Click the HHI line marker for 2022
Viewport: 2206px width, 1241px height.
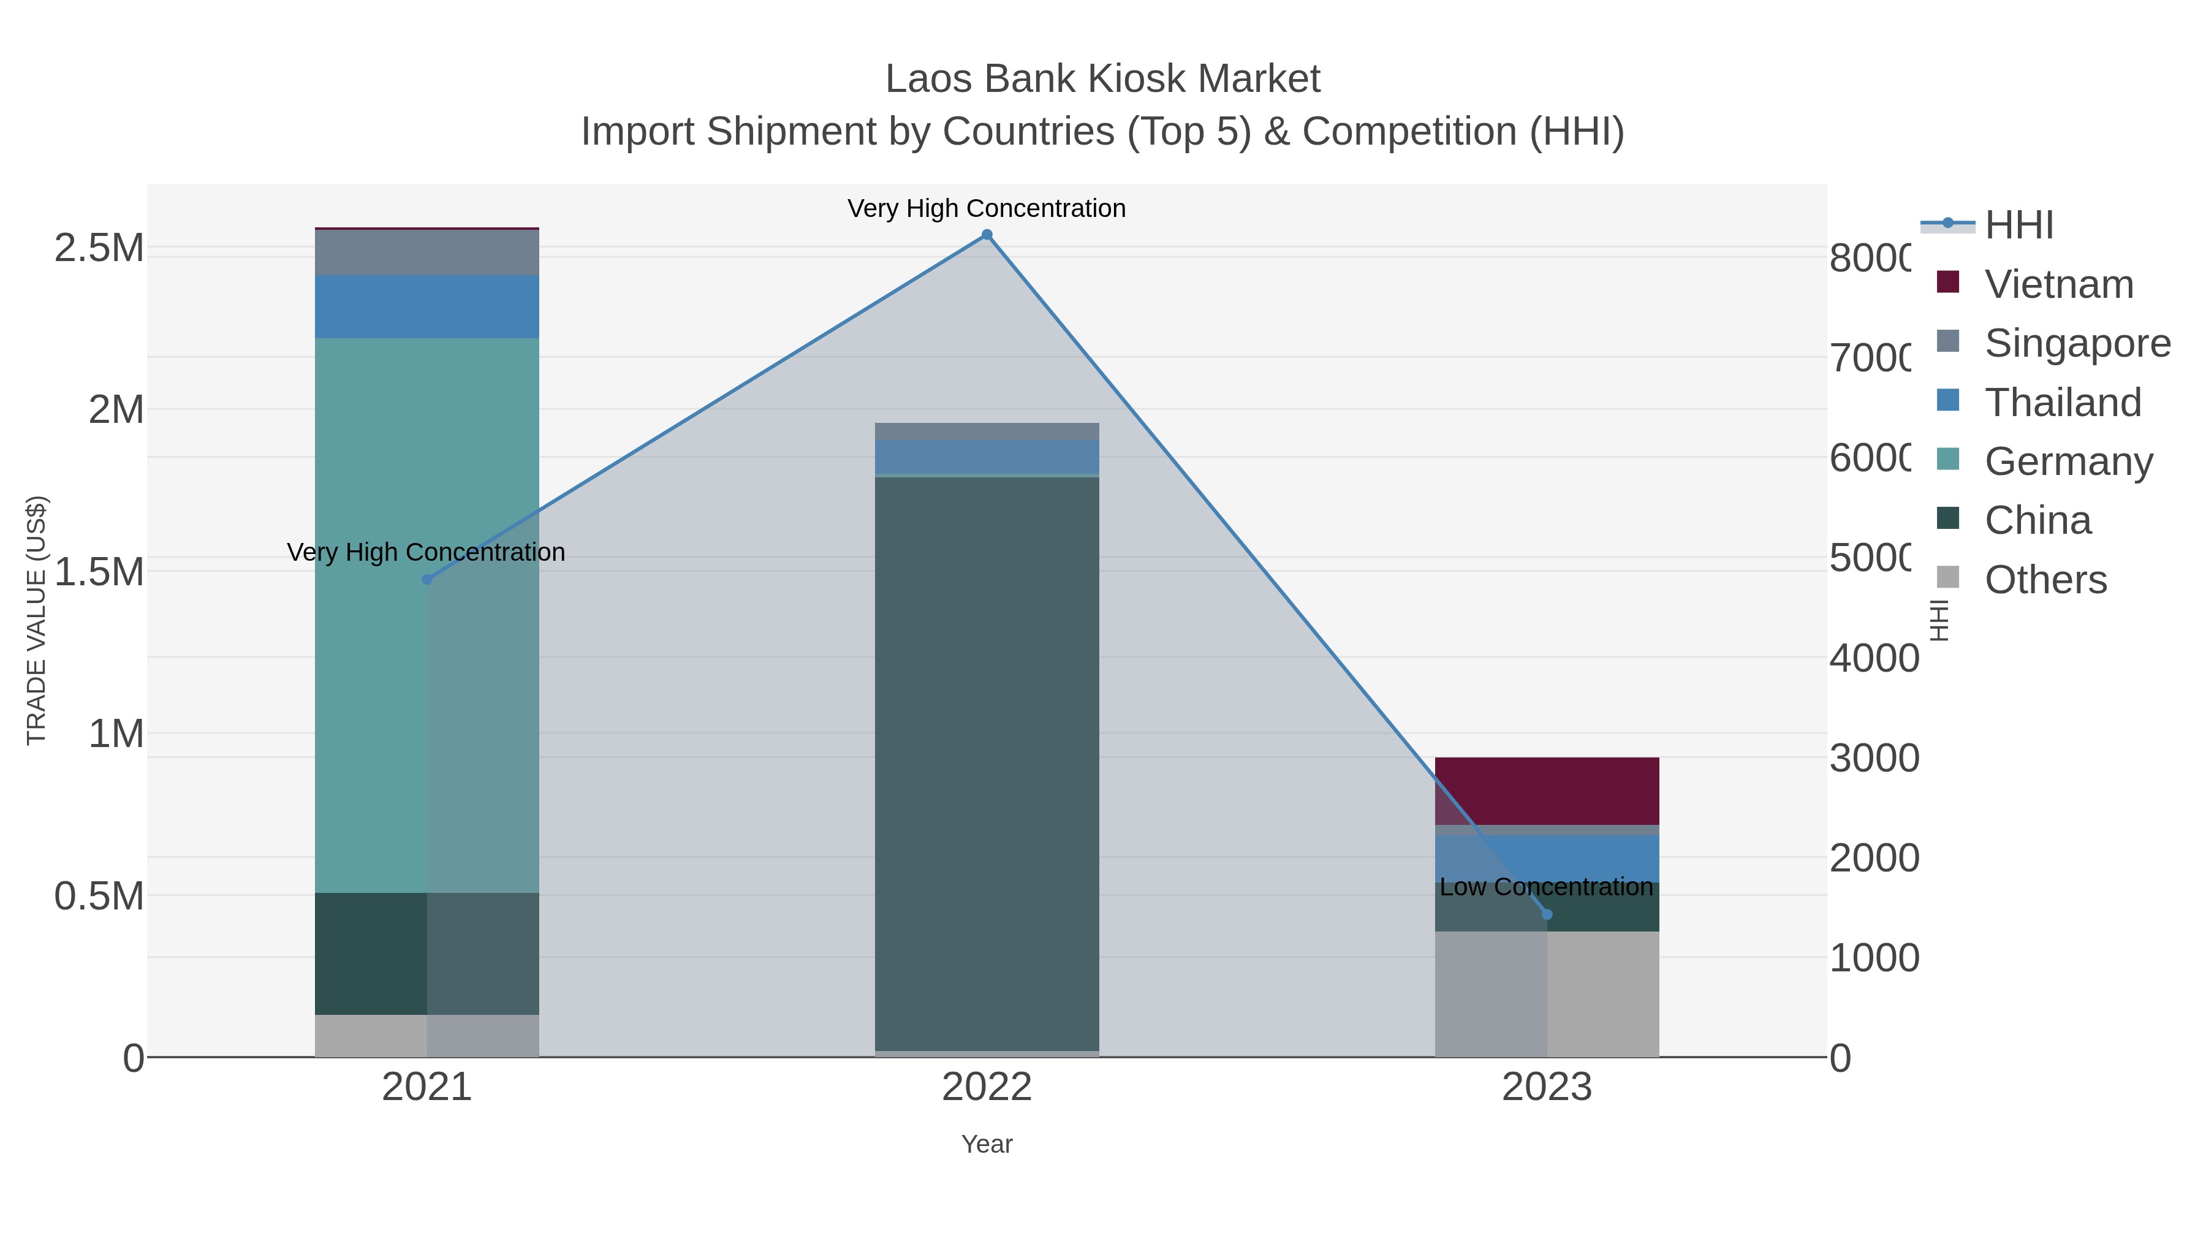pos(987,235)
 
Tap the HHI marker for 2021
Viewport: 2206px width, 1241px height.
pos(427,580)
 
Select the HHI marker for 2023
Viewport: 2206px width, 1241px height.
pos(1547,915)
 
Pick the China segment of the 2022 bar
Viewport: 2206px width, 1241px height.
pos(987,762)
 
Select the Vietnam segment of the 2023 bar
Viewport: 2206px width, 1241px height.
pos(1547,791)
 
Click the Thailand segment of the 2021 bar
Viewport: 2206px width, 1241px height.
pos(427,306)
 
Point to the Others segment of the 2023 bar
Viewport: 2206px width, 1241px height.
pos(1547,993)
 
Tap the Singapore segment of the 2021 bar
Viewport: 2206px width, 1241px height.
pos(427,252)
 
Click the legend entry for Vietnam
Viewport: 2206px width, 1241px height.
pos(2058,284)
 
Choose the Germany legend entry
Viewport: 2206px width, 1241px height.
pos(2068,461)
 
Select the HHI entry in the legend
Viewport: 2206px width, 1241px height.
pos(2018,226)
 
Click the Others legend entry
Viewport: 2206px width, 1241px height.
pos(2044,580)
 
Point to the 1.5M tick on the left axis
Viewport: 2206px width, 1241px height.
pos(99,571)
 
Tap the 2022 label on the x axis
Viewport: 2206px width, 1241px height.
pos(987,1087)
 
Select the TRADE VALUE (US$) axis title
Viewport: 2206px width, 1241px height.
pos(36,620)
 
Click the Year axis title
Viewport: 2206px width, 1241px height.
pos(987,1144)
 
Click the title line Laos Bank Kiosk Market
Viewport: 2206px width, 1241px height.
pos(1102,79)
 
